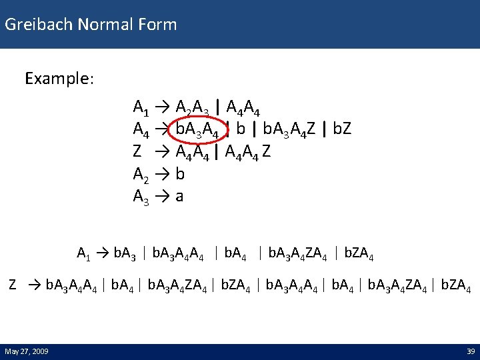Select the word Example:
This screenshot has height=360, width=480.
pos(59,79)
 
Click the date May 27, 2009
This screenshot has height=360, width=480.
pos(26,351)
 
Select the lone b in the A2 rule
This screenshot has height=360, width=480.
pos(180,174)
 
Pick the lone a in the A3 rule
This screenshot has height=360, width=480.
pos(179,197)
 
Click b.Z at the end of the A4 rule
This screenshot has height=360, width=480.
pos(341,129)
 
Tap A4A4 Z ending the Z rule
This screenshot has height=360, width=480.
pos(249,151)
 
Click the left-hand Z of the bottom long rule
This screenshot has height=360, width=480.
pos(13,285)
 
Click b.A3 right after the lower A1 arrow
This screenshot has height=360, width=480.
pos(126,253)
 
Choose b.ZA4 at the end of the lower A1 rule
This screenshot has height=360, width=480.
pos(359,253)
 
